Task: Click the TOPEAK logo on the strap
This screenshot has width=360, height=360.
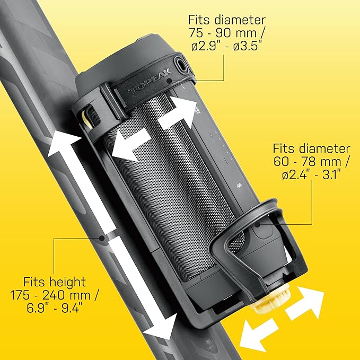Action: pos(150,81)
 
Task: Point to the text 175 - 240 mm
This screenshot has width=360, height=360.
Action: pos(50,295)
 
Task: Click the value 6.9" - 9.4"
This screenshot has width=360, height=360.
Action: pos(54,308)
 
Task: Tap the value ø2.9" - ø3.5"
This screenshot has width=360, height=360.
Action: pos(226,46)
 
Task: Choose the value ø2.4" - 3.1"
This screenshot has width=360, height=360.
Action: pos(311,175)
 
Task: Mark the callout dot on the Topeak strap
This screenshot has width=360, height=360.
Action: pos(169,81)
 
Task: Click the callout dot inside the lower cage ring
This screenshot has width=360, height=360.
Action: pos(258,224)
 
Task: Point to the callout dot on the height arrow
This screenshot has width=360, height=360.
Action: pos(101,238)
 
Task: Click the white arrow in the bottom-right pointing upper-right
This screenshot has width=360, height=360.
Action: pos(305,303)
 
